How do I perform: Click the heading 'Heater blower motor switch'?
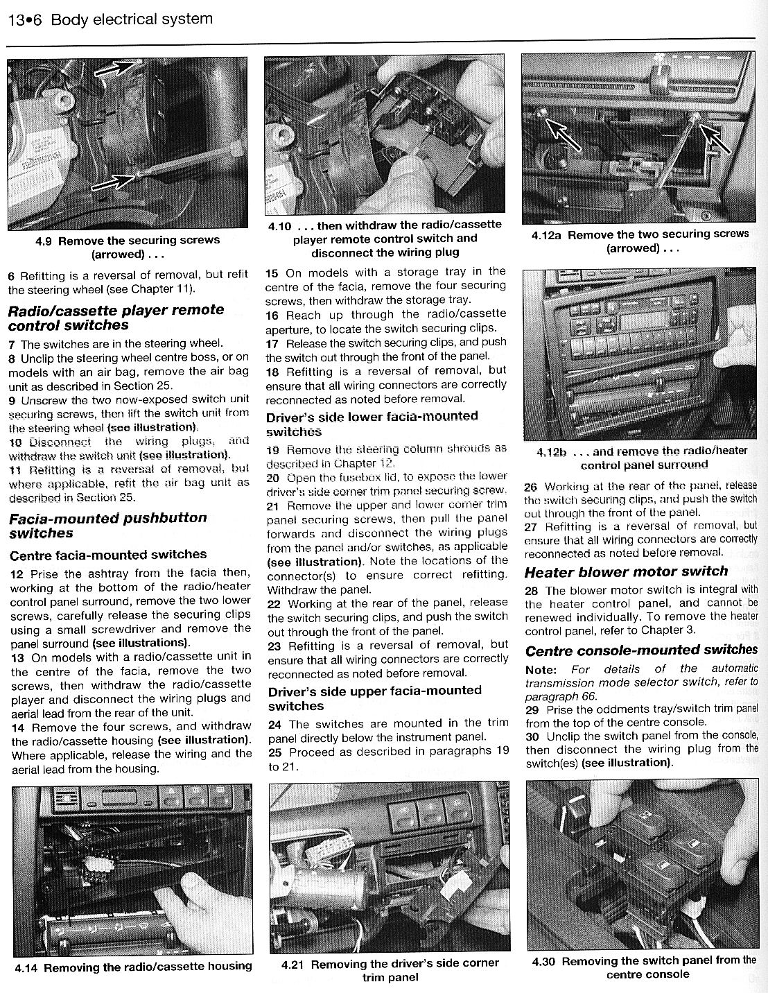(x=625, y=571)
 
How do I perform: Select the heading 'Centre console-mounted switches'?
(x=641, y=650)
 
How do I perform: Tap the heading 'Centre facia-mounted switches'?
(x=107, y=555)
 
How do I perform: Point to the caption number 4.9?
(x=44, y=241)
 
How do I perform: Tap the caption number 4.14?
(x=26, y=968)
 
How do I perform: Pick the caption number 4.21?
(x=293, y=964)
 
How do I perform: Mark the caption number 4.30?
(x=543, y=962)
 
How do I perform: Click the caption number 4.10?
(x=279, y=227)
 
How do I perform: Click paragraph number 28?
(x=532, y=591)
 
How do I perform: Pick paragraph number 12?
(x=17, y=574)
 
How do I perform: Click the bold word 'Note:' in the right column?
(x=541, y=670)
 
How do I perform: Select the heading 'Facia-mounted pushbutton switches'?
(x=107, y=526)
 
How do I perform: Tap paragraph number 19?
(x=272, y=450)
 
